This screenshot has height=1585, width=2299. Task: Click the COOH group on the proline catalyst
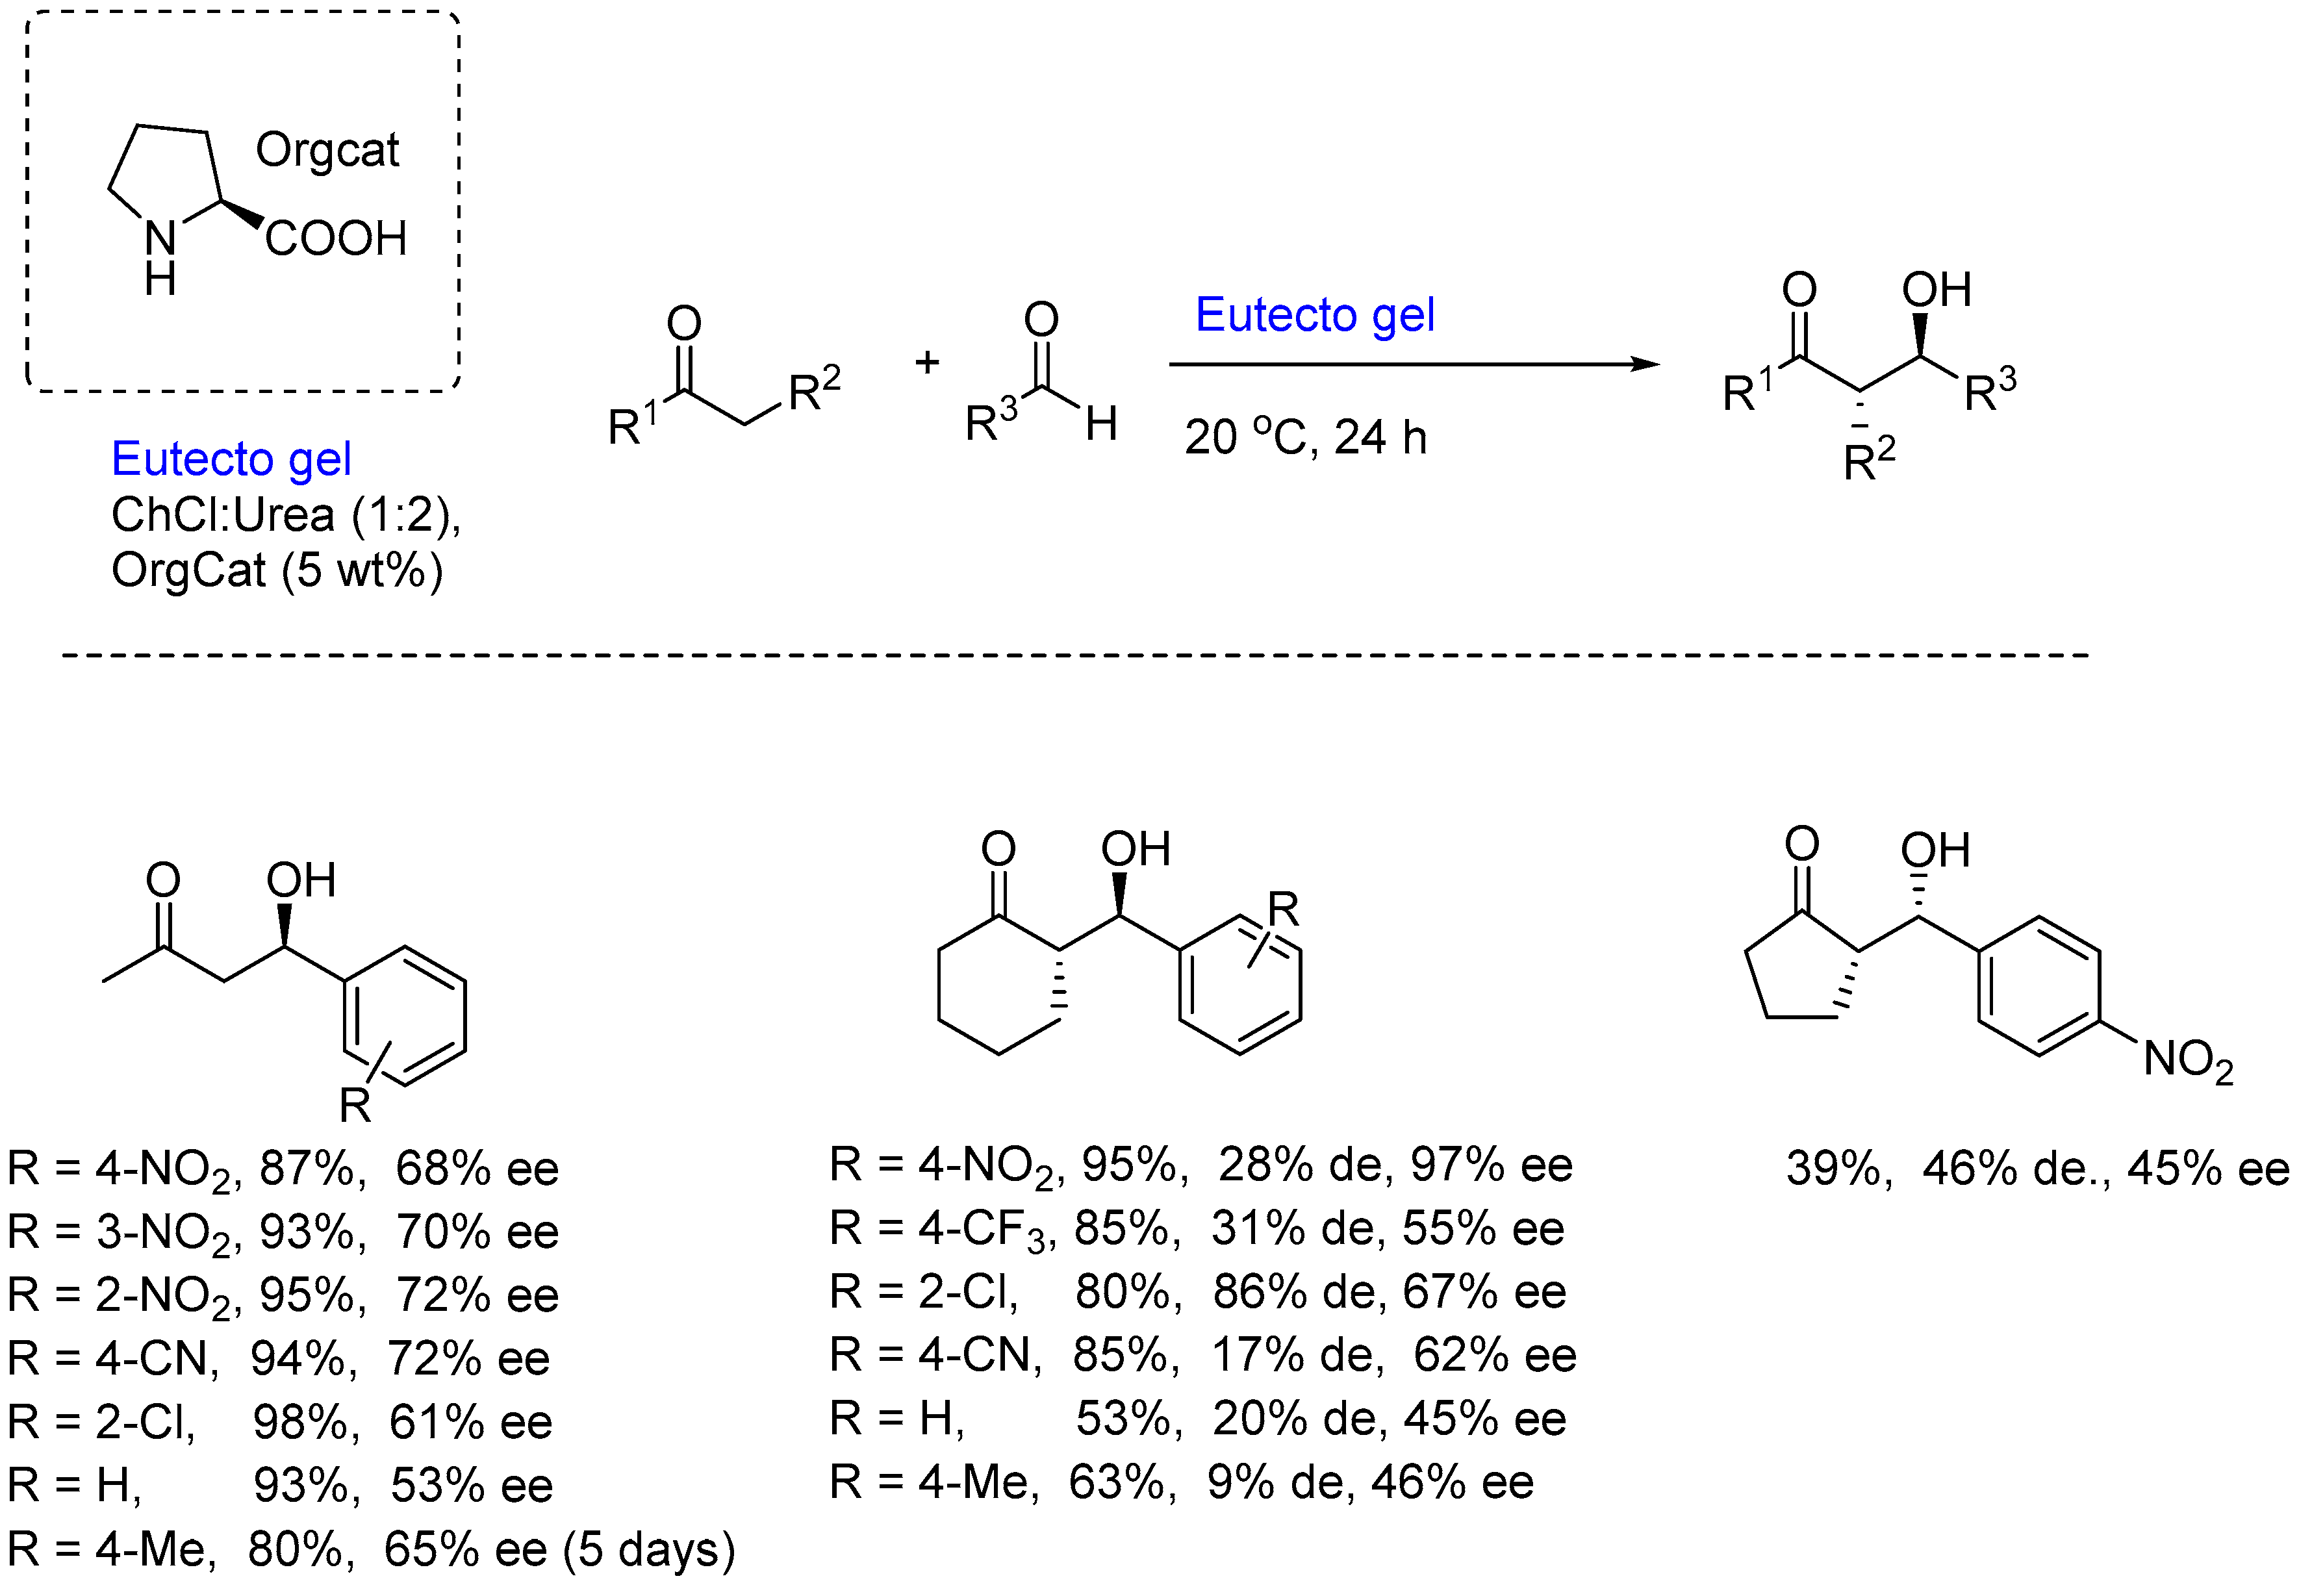click(x=336, y=239)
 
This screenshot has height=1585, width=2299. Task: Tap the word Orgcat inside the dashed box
click(x=327, y=151)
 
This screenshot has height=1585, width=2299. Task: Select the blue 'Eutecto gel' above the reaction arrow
click(x=1314, y=316)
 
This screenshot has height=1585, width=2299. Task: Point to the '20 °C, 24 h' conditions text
click(x=1305, y=438)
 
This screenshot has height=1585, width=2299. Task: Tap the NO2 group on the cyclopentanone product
click(x=2188, y=1061)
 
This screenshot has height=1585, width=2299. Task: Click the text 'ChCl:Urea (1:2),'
click(x=286, y=515)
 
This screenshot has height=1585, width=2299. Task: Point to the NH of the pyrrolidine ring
click(x=161, y=256)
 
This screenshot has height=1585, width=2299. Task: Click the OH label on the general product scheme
click(x=1935, y=290)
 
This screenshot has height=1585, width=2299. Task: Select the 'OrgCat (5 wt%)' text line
click(x=276, y=571)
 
